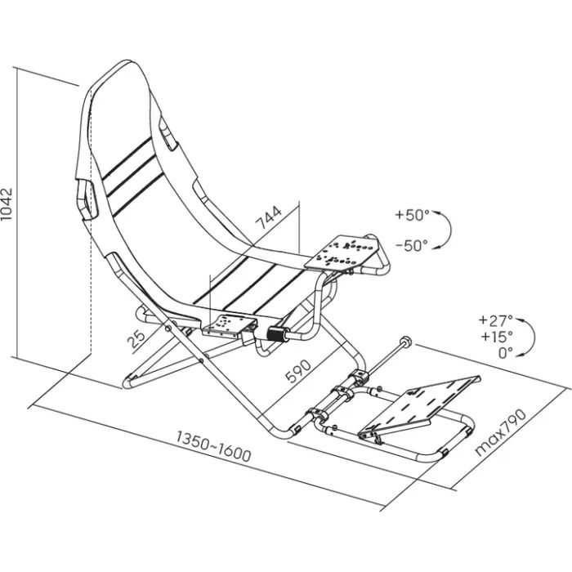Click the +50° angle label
coord(411,216)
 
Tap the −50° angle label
coord(411,244)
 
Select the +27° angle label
coord(496,320)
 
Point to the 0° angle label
coord(503,352)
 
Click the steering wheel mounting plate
coord(343,250)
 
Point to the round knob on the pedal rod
coord(404,341)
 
